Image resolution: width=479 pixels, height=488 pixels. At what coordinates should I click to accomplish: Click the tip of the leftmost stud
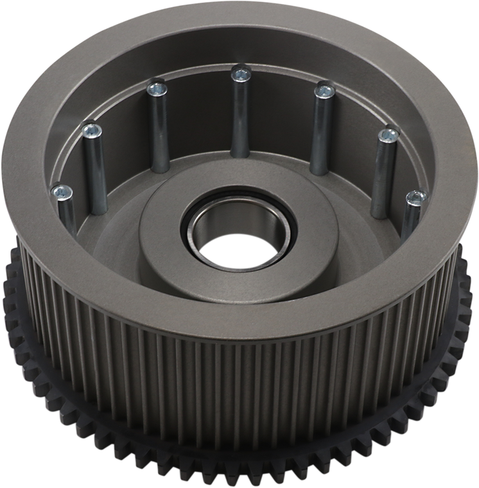point(62,191)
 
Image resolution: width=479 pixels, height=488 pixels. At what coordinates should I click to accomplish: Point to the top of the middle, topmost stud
point(241,74)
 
